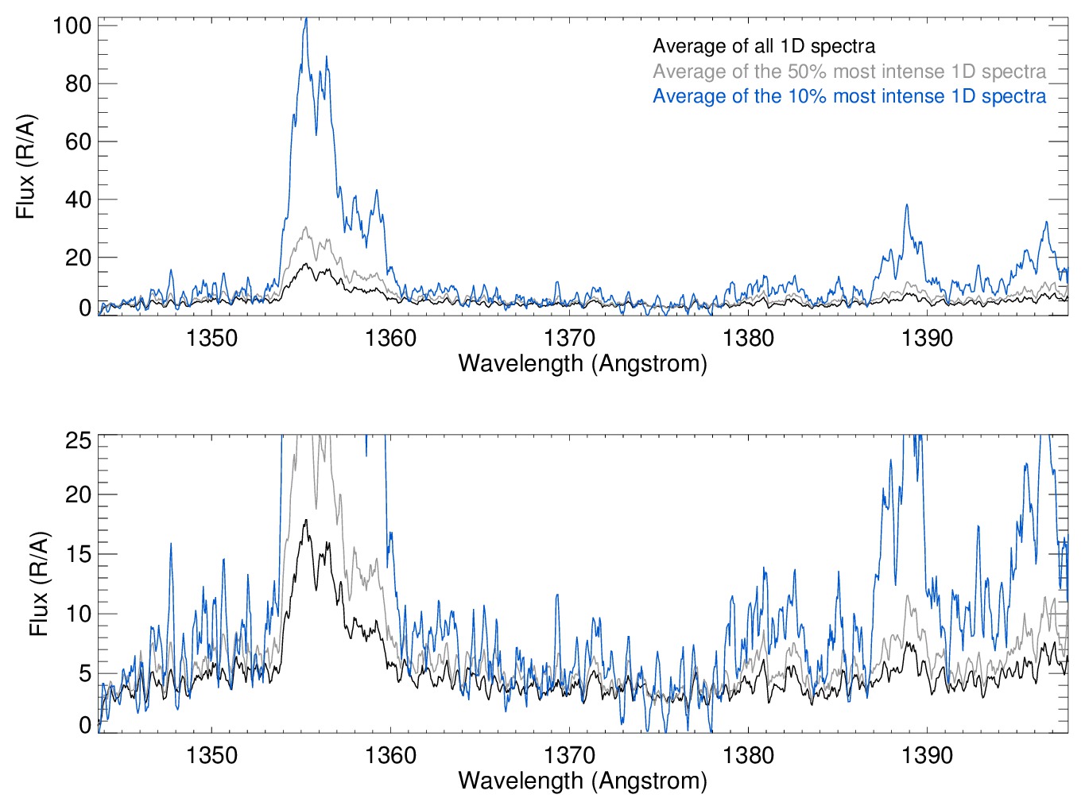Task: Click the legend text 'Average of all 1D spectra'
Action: coord(764,46)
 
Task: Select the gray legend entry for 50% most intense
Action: coord(849,72)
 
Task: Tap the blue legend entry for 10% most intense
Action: coord(849,96)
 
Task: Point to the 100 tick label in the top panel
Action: coord(72,25)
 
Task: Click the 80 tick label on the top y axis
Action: coord(78,83)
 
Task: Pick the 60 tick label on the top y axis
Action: coord(78,141)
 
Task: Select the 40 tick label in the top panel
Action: coord(78,200)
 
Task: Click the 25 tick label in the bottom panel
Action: coord(78,440)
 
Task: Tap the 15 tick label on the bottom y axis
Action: coord(78,554)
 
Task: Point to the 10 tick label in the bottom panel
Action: coord(78,614)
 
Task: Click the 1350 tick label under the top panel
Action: coord(211,338)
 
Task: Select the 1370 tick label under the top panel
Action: coord(569,338)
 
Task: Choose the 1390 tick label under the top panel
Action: coord(927,338)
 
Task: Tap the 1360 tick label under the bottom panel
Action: coord(390,754)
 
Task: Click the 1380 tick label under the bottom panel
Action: coord(748,754)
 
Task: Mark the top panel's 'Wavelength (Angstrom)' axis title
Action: coord(583,363)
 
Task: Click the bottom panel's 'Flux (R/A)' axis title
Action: coord(39,584)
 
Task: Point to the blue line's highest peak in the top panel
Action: coord(305,19)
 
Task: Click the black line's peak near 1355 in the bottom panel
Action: coord(305,521)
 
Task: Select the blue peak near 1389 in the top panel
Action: coord(906,205)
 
